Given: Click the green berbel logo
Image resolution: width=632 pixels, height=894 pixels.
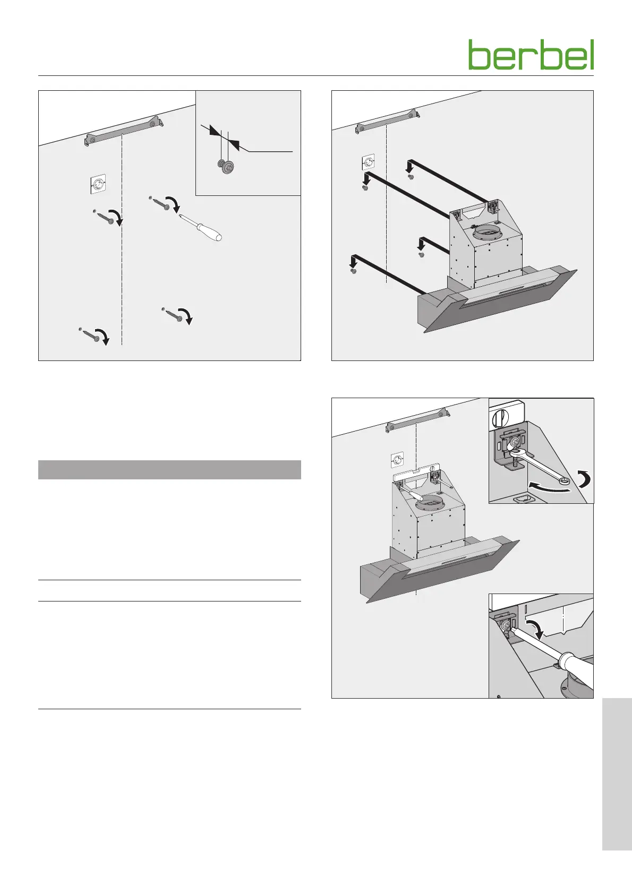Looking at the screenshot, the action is pos(531,55).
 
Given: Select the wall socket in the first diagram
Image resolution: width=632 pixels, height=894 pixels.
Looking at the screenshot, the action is pos(97,184).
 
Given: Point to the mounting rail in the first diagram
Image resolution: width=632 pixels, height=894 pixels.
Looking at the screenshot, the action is pos(124,131).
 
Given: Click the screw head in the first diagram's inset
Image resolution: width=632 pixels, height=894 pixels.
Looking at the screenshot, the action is pos(226,166).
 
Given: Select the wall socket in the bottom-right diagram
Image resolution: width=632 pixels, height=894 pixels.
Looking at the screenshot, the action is pos(397,461).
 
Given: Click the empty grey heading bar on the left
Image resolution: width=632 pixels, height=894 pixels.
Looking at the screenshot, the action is pos(169,469).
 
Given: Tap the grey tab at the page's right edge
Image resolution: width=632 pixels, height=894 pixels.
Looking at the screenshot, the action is pos(617,774).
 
